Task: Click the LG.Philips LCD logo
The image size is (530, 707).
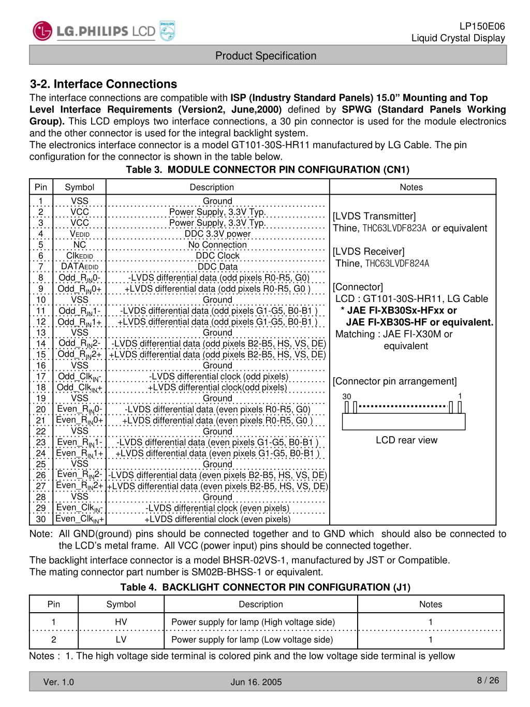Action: (x=104, y=31)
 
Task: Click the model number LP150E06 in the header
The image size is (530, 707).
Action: (x=482, y=26)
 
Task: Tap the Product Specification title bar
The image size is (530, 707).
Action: (x=266, y=56)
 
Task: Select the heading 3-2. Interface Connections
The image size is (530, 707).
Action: (x=104, y=84)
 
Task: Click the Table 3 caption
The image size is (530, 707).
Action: (x=268, y=170)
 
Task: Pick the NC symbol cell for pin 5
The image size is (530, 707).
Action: (x=80, y=244)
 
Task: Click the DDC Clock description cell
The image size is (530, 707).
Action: (x=217, y=256)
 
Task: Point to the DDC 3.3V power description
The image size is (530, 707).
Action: (x=217, y=234)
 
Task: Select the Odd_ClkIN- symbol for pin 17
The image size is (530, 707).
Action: (x=80, y=377)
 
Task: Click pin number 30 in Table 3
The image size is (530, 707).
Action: (x=41, y=519)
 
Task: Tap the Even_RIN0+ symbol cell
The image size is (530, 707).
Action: (x=80, y=420)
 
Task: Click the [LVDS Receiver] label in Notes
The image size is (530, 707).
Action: (x=369, y=252)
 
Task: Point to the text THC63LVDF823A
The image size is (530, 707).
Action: (x=394, y=228)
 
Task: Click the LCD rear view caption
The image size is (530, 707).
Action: (x=406, y=440)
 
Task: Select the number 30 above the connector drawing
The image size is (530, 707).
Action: (x=347, y=397)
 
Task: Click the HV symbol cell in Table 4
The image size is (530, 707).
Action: (x=121, y=622)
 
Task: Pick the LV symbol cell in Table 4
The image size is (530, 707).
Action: (x=121, y=639)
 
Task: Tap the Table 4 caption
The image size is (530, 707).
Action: (x=265, y=587)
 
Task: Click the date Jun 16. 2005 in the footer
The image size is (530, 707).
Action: (x=256, y=682)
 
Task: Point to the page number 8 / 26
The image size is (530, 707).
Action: (x=488, y=680)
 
